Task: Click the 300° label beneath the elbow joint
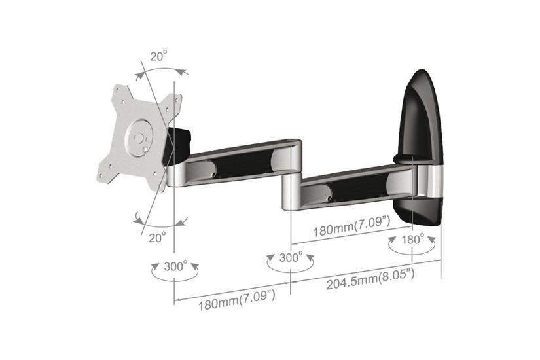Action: pyautogui.click(x=291, y=258)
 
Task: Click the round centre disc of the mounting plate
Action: pyautogui.click(x=139, y=137)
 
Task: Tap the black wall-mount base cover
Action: pyautogui.click(x=422, y=118)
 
